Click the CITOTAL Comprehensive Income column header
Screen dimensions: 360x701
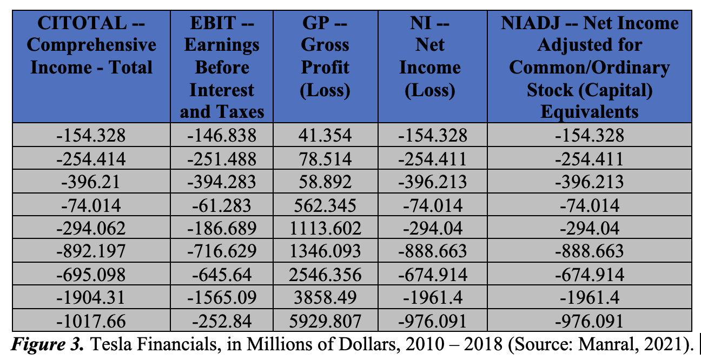click(x=91, y=45)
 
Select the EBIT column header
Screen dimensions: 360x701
click(x=222, y=67)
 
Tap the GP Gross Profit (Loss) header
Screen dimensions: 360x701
click(x=325, y=56)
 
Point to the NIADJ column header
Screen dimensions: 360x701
click(x=589, y=67)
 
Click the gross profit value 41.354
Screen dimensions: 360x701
click(x=325, y=135)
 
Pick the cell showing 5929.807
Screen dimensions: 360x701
click(x=325, y=322)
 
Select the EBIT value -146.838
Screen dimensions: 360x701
click(x=222, y=135)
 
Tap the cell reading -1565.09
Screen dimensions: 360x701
click(x=222, y=298)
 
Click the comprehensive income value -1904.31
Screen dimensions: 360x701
click(x=91, y=298)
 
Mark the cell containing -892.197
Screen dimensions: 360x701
click(x=91, y=251)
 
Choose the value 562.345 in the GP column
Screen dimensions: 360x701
click(x=325, y=205)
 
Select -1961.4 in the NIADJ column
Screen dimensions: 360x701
click(x=589, y=298)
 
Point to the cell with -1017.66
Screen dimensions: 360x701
click(x=91, y=322)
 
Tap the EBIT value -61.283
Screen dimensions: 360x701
click(x=222, y=205)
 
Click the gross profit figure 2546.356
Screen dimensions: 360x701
click(x=325, y=275)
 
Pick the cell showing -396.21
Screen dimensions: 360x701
click(x=91, y=182)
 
